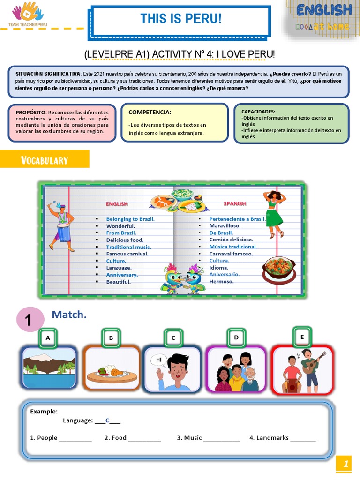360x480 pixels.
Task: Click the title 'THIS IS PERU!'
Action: pyautogui.click(x=180, y=19)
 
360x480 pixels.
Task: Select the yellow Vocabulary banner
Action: pyautogui.click(x=45, y=160)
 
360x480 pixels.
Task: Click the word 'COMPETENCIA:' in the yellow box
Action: pyautogui.click(x=150, y=112)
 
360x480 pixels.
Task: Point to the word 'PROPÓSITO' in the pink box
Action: pyautogui.click(x=30, y=112)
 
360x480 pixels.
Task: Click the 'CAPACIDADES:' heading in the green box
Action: pyautogui.click(x=258, y=111)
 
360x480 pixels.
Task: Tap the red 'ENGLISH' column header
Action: pyautogui.click(x=117, y=204)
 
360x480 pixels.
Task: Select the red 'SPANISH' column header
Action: pyautogui.click(x=235, y=203)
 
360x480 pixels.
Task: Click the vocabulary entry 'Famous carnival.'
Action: pyautogui.click(x=127, y=254)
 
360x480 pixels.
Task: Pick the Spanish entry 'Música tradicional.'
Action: pyautogui.click(x=233, y=247)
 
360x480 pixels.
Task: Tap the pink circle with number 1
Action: pyautogui.click(x=28, y=320)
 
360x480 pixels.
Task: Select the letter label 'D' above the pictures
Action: pyautogui.click(x=237, y=337)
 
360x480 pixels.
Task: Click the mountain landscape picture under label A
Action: pyautogui.click(x=49, y=368)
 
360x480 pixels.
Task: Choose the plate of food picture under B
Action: pyautogui.click(x=112, y=370)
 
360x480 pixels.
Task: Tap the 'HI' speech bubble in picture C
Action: pyautogui.click(x=158, y=360)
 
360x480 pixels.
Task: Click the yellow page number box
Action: pyautogui.click(x=345, y=465)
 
